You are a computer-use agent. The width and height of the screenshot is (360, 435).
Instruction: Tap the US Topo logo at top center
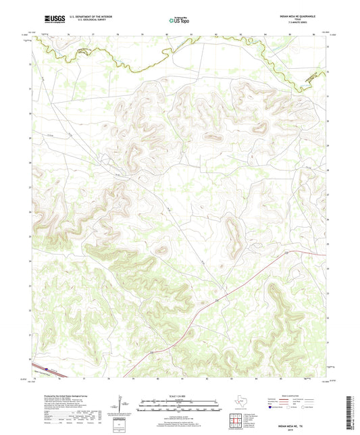179,20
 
